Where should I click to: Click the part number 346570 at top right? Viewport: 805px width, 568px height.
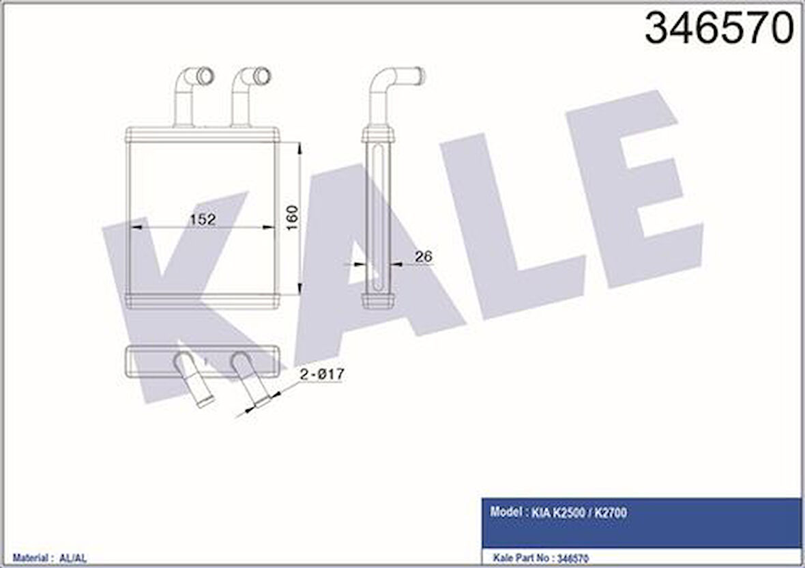click(x=719, y=29)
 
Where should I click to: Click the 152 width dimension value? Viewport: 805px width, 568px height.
click(x=203, y=220)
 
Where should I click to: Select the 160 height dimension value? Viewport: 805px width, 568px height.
click(x=293, y=218)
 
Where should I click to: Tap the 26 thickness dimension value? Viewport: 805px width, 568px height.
click(x=423, y=257)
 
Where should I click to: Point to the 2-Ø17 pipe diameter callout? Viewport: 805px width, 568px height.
click(x=321, y=375)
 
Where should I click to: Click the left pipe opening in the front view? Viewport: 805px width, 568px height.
click(x=204, y=75)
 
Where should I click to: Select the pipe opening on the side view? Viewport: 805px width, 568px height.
click(x=420, y=75)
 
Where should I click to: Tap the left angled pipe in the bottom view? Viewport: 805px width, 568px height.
click(x=194, y=382)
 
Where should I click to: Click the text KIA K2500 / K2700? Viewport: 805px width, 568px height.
click(x=579, y=513)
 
